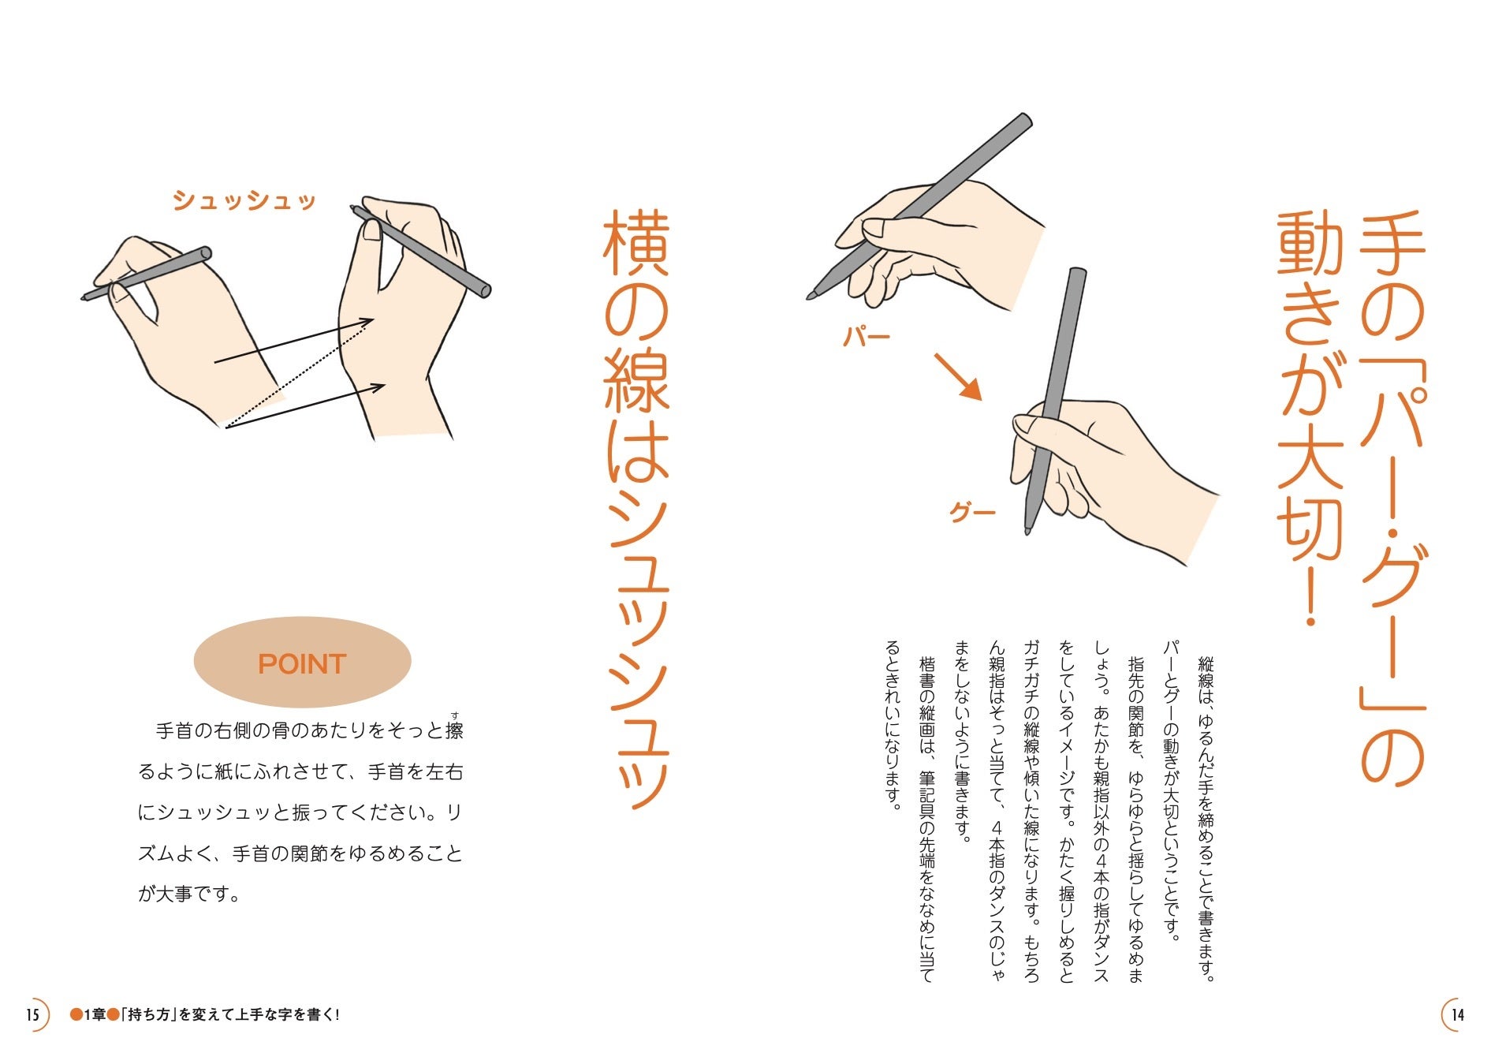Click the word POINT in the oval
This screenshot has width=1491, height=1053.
(302, 664)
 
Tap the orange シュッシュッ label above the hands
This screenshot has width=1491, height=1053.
(244, 201)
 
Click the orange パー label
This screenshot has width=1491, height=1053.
(867, 338)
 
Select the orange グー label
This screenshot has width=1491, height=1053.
(972, 513)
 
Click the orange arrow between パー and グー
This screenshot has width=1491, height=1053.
(958, 377)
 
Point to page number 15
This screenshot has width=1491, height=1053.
(32, 1014)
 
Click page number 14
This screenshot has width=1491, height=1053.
(1457, 1014)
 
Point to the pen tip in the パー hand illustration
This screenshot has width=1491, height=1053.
(809, 296)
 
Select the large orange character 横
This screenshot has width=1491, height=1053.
(636, 243)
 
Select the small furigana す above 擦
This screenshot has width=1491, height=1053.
(455, 715)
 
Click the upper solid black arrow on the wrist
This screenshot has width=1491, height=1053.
(293, 341)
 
